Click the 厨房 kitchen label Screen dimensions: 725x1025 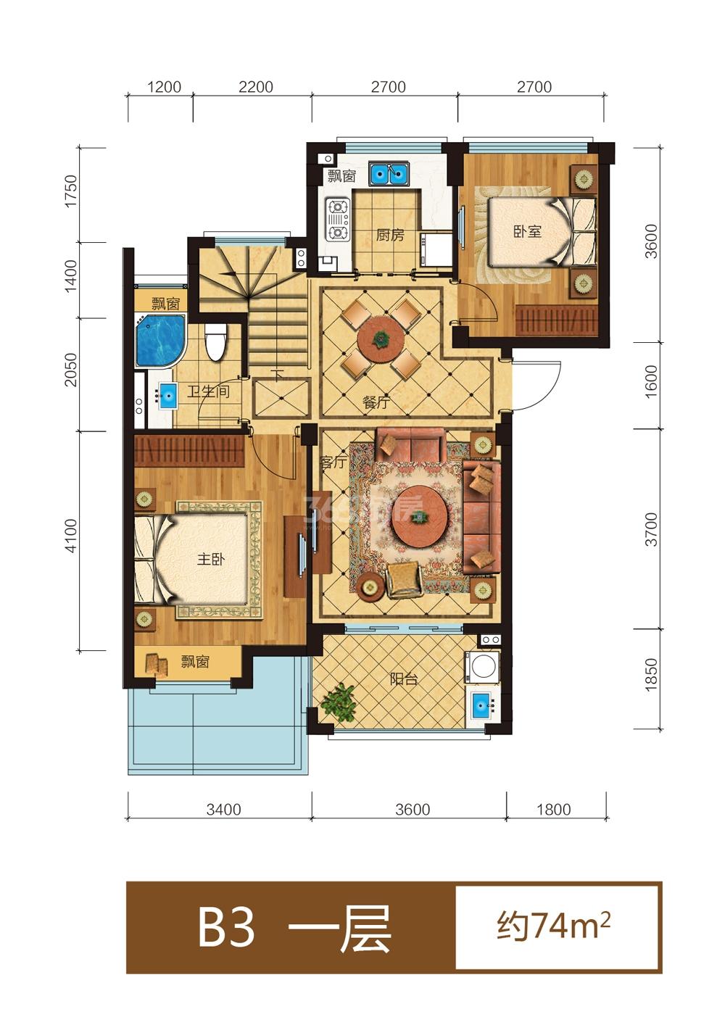tap(390, 235)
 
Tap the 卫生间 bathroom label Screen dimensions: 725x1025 tap(208, 391)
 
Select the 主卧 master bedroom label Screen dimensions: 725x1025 tap(210, 559)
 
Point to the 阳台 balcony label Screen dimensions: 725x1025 tap(403, 679)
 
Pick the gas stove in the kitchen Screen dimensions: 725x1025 tap(337, 220)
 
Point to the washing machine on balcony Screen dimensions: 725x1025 tap(482, 668)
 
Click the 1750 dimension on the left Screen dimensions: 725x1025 tap(72, 191)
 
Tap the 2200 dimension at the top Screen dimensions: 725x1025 tap(255, 86)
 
